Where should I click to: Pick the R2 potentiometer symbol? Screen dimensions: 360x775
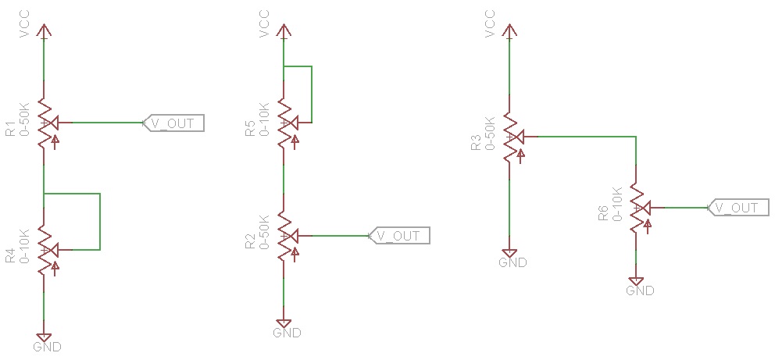pyautogui.click(x=285, y=235)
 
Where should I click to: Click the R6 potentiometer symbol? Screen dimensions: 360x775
pyautogui.click(x=637, y=208)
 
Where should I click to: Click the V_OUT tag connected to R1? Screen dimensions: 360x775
pyautogui.click(x=173, y=123)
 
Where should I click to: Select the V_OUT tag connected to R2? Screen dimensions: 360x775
pyautogui.click(x=399, y=235)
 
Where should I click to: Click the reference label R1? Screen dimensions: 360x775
pyautogui.click(x=9, y=129)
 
